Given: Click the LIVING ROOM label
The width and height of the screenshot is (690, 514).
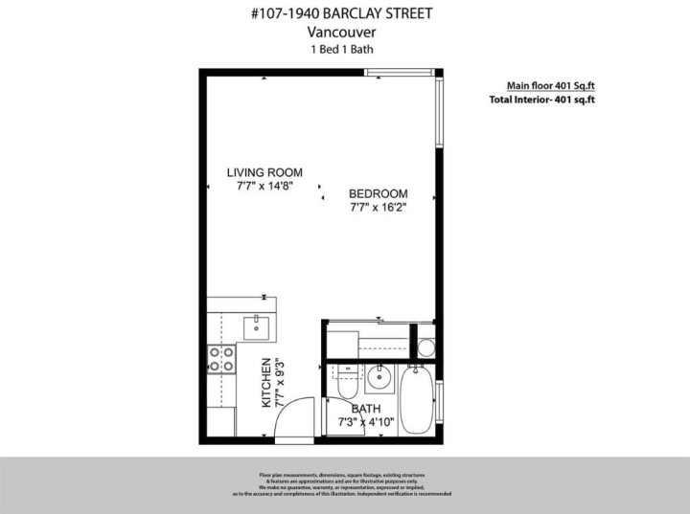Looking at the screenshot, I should pos(264,173).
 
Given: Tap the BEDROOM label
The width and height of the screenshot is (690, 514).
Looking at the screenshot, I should pos(378,192).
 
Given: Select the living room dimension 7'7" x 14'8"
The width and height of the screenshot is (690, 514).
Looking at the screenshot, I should pos(264,187).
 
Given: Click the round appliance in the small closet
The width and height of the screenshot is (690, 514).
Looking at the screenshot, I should pos(425,345).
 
